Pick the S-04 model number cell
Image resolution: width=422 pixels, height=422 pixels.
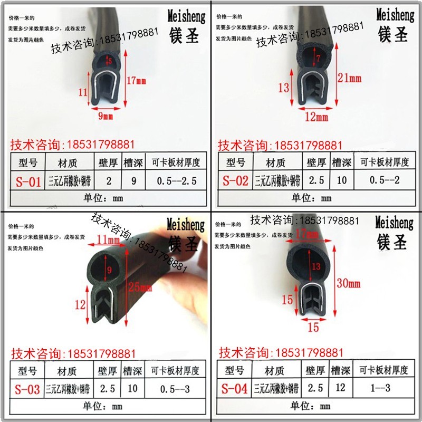[x=234, y=390]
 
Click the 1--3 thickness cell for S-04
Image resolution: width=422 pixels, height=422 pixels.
[x=382, y=389]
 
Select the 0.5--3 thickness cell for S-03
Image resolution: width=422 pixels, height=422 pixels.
[x=176, y=390]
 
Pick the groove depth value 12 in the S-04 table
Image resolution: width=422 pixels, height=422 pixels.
[x=340, y=389]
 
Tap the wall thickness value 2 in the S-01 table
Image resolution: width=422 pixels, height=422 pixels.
[x=108, y=181]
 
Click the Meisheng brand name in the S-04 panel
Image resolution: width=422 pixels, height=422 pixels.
[x=395, y=222]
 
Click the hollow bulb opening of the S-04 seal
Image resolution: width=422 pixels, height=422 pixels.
[x=315, y=266]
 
